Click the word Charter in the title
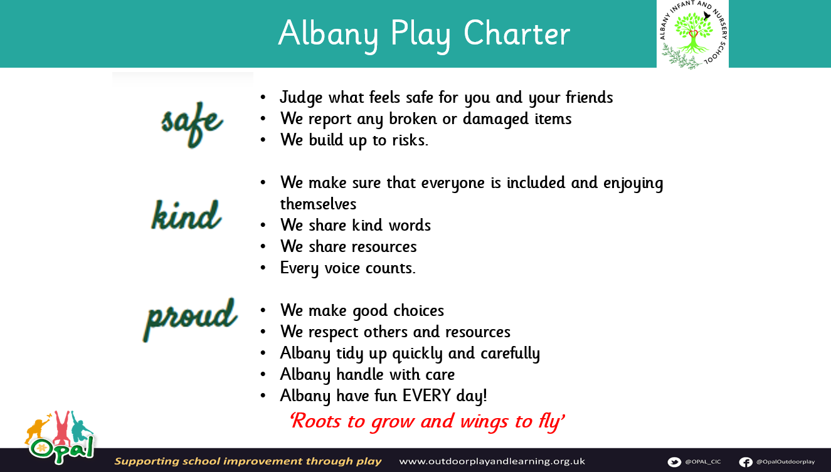pos(516,33)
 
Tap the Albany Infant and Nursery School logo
pos(692,34)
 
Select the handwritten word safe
pos(192,124)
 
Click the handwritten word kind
pos(186,214)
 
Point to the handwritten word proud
pos(190,319)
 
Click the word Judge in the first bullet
pos(301,98)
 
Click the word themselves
pos(318,204)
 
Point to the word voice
pos(341,268)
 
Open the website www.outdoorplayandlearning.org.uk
pos(492,461)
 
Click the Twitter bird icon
pos(674,461)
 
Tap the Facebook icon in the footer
pos(746,461)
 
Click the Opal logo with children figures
pos(60,437)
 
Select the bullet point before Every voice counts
pos(263,268)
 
